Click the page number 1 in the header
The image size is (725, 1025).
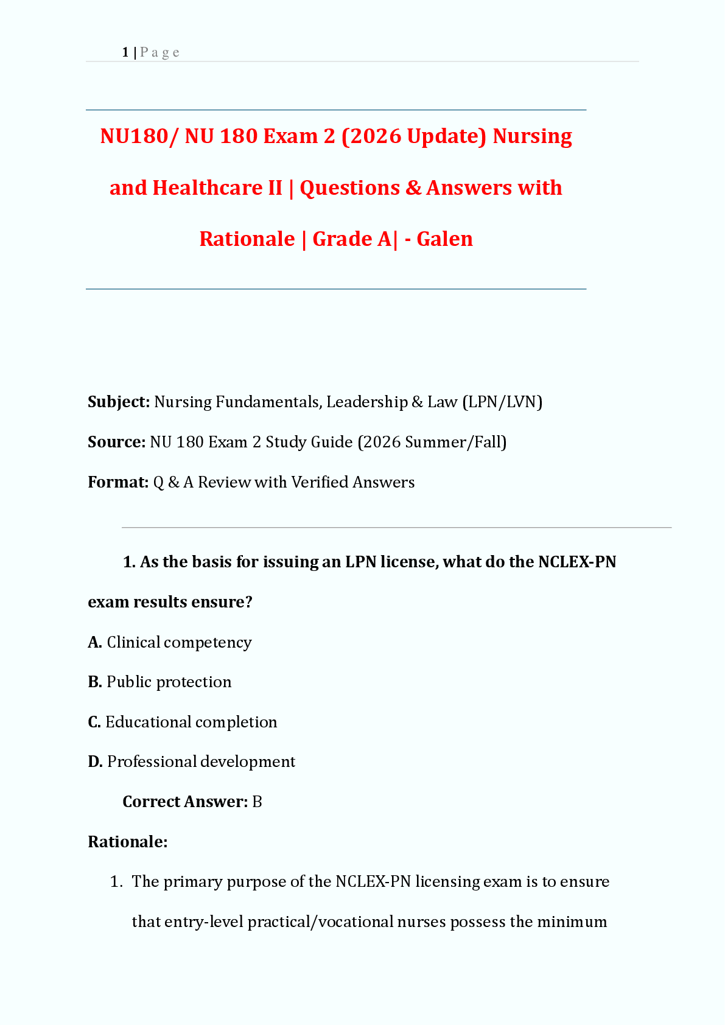tap(125, 52)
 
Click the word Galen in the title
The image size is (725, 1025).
tap(444, 239)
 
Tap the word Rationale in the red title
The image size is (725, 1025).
tap(247, 239)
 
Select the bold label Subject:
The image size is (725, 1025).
tap(119, 402)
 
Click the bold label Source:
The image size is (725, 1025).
tap(116, 442)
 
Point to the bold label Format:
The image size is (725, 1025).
tap(118, 482)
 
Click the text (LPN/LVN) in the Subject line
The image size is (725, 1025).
tap(502, 402)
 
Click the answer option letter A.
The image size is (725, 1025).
tap(94, 642)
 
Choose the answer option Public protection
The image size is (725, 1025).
tap(169, 682)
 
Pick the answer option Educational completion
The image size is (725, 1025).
tap(191, 722)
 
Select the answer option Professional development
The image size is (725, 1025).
tap(201, 761)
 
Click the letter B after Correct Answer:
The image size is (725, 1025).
tap(257, 802)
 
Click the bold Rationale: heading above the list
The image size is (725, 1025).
tap(128, 842)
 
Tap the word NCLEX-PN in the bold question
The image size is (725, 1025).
tap(577, 562)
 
